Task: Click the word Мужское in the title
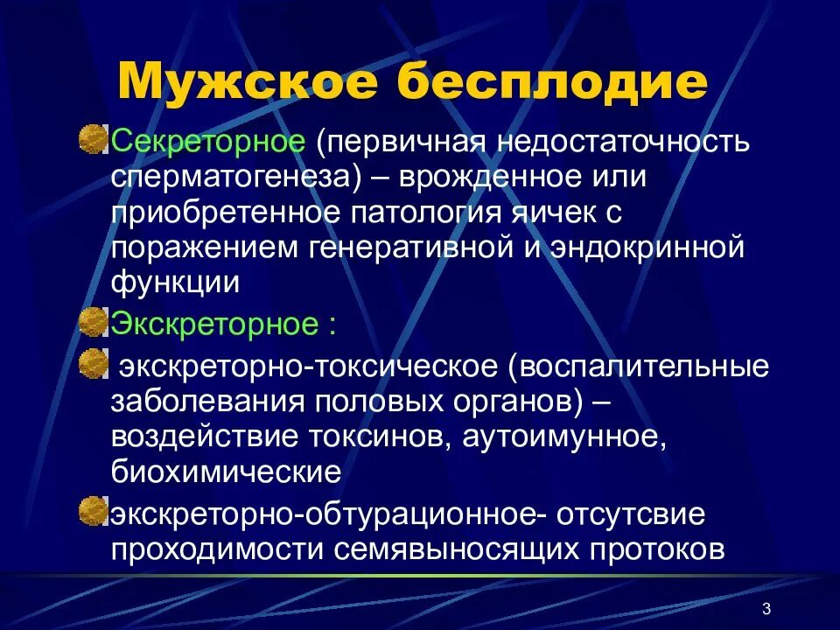click(x=247, y=81)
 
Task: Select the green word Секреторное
click(x=208, y=141)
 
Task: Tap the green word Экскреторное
click(x=213, y=325)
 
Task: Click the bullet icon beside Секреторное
click(x=92, y=139)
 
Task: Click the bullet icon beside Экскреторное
click(x=92, y=323)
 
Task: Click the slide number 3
click(x=766, y=609)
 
